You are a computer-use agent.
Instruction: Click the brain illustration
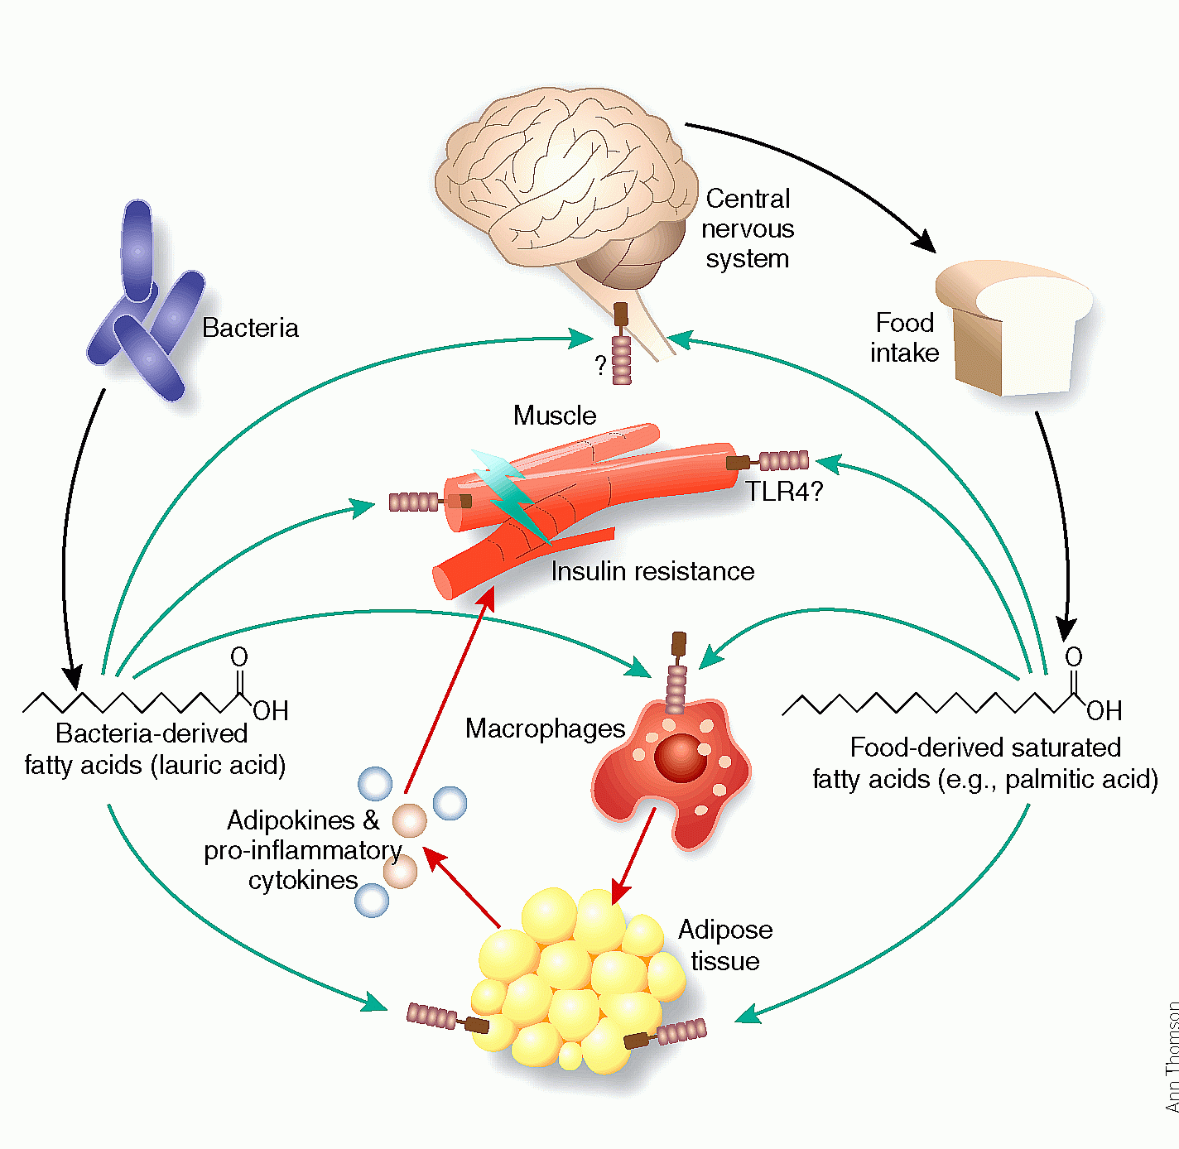[563, 182]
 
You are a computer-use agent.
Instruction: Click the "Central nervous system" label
[748, 228]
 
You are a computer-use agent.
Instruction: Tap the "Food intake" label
[904, 338]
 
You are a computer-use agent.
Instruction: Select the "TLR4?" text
[784, 492]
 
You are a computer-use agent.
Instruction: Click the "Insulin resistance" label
[652, 571]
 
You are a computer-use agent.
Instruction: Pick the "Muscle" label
[554, 416]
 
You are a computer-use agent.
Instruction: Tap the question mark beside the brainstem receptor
[601, 365]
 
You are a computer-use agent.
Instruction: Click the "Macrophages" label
[545, 728]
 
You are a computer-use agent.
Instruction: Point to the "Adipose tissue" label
[725, 945]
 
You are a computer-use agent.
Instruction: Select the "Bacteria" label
[250, 328]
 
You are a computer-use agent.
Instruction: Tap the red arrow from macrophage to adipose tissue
[633, 857]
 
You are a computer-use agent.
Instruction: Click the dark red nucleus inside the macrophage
[680, 757]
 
